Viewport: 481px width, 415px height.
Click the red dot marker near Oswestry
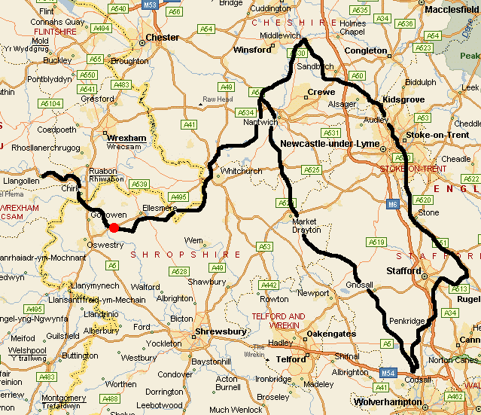pyautogui.click(x=114, y=227)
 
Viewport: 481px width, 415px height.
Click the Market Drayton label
pyautogui.click(x=305, y=225)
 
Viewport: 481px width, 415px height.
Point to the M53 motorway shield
pyautogui.click(x=150, y=5)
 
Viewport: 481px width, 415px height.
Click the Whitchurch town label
pyautogui.click(x=241, y=171)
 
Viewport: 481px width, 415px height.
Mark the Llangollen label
pyautogui.click(x=20, y=182)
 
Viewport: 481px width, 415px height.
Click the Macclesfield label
pyautogui.click(x=451, y=10)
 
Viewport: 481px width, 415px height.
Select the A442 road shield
pyautogui.click(x=269, y=285)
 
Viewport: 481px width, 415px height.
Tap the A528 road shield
pyautogui.click(x=178, y=271)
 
